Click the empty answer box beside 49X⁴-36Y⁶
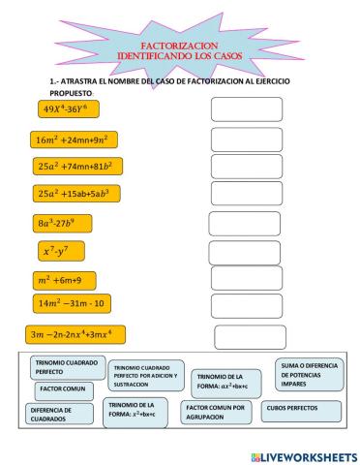(x=246, y=109)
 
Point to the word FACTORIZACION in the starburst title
(x=182, y=46)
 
